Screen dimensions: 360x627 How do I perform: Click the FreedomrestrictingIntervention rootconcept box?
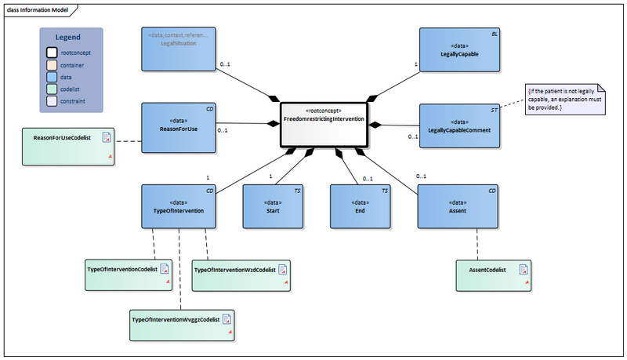tap(323, 123)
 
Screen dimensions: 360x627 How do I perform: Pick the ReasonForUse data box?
tap(179, 125)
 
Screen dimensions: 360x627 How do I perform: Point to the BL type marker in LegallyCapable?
tap(494, 35)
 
